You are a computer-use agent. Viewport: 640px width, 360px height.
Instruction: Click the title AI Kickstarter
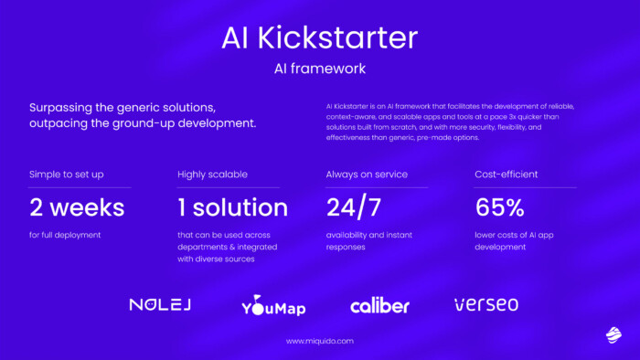pos(319,37)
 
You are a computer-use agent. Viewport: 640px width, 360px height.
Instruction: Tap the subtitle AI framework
pos(319,69)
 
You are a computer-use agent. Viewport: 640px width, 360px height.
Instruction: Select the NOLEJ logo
pos(159,304)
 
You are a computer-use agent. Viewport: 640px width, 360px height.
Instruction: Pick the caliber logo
pos(379,305)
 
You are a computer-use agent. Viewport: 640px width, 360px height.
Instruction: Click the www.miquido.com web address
pos(319,341)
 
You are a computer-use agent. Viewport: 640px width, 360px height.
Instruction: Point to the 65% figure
pos(499,206)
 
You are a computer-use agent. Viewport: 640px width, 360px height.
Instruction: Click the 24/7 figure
pos(354,206)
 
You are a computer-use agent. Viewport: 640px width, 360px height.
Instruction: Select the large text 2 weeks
pos(76,206)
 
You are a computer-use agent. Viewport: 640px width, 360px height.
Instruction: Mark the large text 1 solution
pos(232,206)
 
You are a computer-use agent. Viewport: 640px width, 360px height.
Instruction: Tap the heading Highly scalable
pos(212,174)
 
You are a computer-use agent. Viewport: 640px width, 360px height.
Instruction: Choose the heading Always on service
pos(367,174)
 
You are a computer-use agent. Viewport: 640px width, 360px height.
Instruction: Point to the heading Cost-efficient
pos(507,174)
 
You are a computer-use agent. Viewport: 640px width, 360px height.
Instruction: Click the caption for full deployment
pos(64,235)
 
